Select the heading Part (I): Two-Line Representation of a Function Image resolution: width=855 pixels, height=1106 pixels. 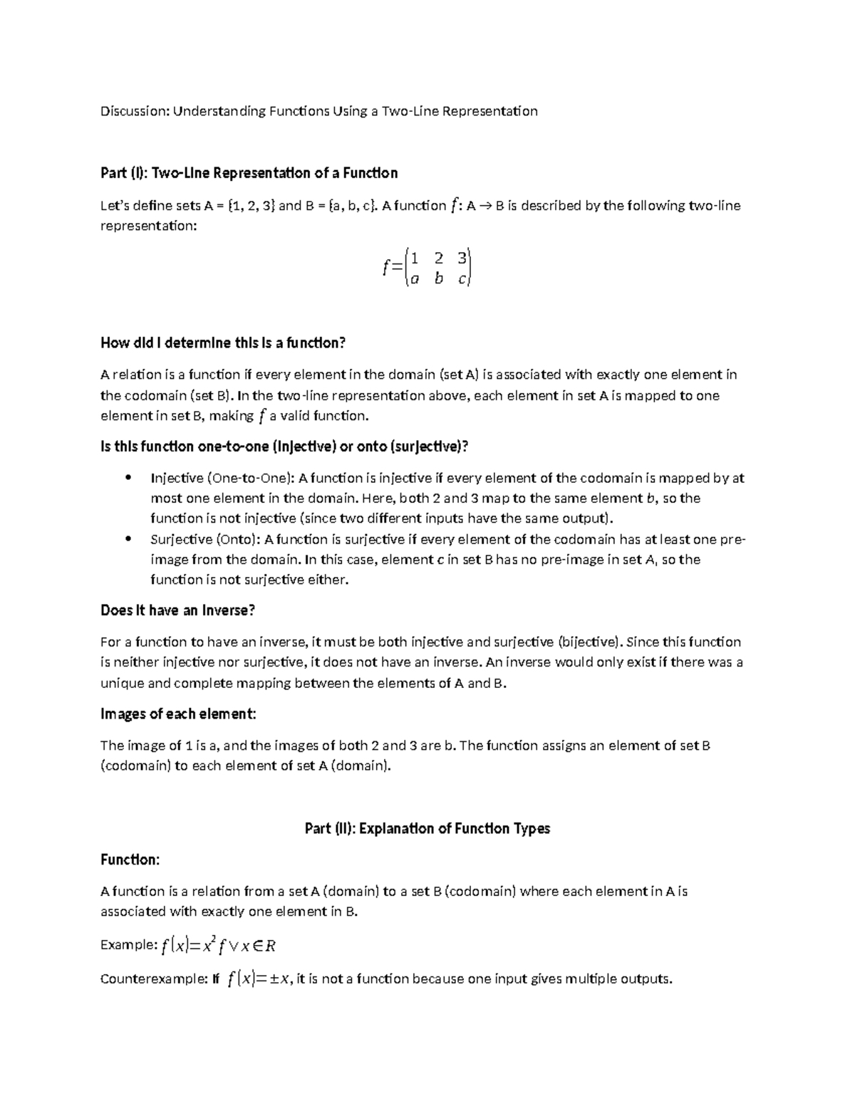[249, 173]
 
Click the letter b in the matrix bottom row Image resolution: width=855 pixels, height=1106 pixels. [438, 279]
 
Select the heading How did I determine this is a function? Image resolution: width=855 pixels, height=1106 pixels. [222, 343]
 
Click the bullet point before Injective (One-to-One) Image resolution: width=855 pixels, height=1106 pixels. [128, 478]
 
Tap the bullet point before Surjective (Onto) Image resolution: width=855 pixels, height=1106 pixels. [128, 539]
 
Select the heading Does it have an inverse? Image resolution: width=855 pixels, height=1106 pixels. [177, 610]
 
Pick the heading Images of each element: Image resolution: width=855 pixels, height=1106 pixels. [178, 714]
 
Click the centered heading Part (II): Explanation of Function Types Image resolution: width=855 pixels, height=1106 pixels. [427, 828]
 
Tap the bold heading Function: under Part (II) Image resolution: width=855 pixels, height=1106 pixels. [130, 860]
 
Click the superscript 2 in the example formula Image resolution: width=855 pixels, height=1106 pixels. [214, 939]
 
